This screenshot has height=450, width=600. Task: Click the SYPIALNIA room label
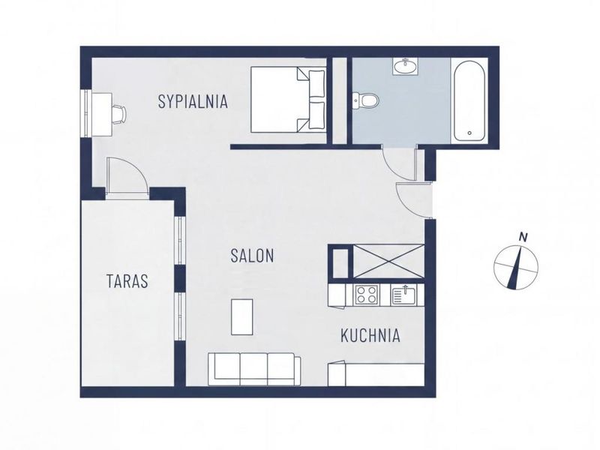(x=193, y=102)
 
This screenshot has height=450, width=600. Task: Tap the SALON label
(x=252, y=256)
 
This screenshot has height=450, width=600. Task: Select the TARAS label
(x=127, y=281)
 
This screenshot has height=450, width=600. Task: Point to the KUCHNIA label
(x=370, y=335)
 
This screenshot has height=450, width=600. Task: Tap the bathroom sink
(x=405, y=67)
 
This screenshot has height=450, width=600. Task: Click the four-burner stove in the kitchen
(x=367, y=295)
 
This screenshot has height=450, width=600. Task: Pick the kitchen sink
(x=403, y=295)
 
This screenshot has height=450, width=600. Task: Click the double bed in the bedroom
(x=288, y=100)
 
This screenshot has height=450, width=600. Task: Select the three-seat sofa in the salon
(x=254, y=369)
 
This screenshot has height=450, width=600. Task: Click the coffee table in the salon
(x=242, y=317)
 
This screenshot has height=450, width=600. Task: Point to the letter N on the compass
(x=523, y=237)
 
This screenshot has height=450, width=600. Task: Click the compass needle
(x=516, y=267)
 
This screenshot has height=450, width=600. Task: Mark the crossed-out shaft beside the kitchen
(x=388, y=261)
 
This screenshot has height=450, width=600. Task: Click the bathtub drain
(x=469, y=133)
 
